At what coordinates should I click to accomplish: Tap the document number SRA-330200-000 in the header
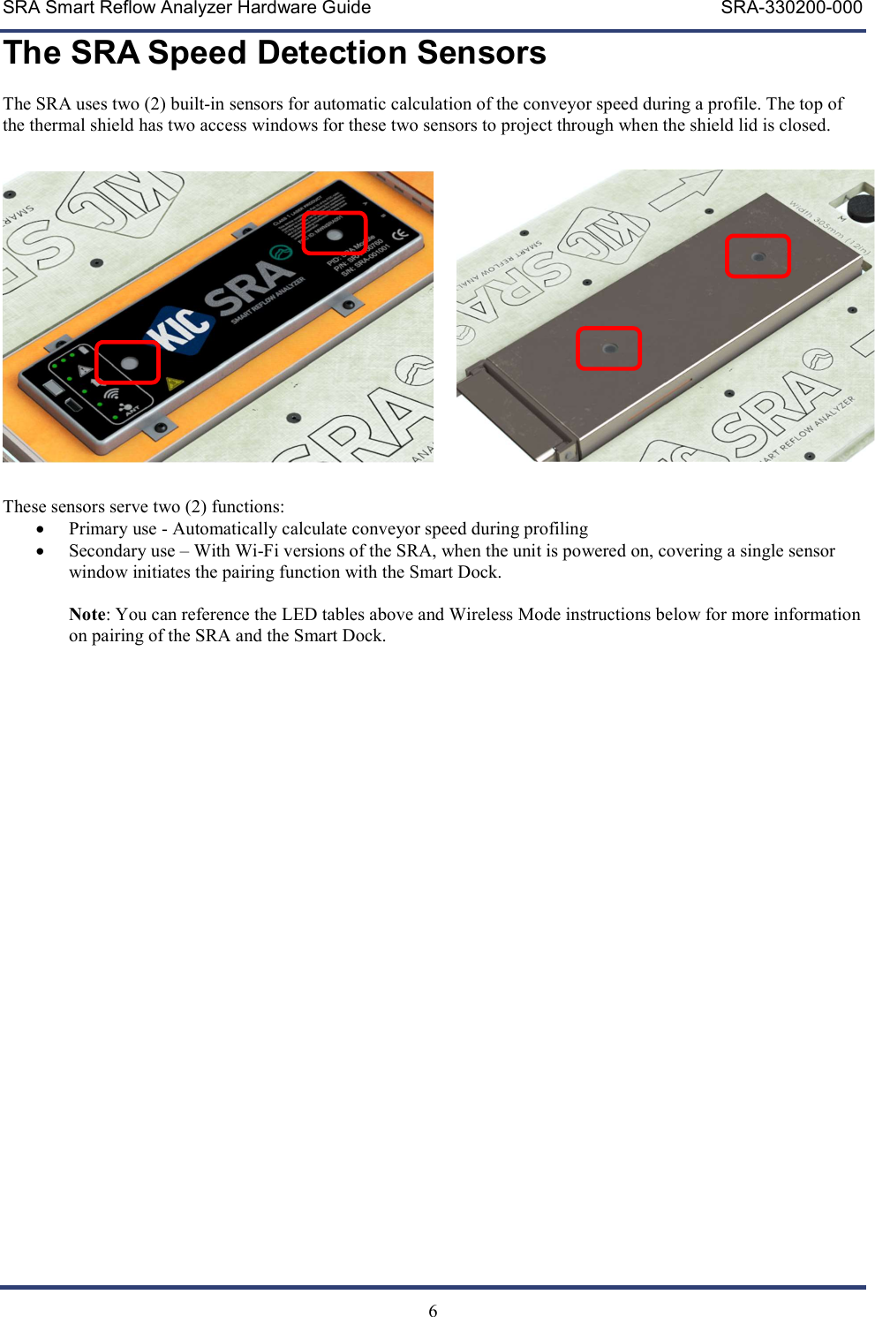click(x=791, y=8)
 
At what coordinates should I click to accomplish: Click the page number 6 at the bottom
click(x=433, y=1311)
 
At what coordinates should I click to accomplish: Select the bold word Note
click(x=87, y=615)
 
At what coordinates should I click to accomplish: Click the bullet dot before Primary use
click(x=40, y=529)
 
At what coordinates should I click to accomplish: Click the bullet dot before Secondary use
click(x=40, y=551)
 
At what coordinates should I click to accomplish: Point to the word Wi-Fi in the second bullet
click(x=256, y=551)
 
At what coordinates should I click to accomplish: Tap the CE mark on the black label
click(x=399, y=235)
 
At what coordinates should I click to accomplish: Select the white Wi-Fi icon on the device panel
click(x=111, y=394)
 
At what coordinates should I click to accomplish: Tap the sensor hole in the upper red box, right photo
click(x=758, y=257)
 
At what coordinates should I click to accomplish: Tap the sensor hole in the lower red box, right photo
click(x=609, y=349)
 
